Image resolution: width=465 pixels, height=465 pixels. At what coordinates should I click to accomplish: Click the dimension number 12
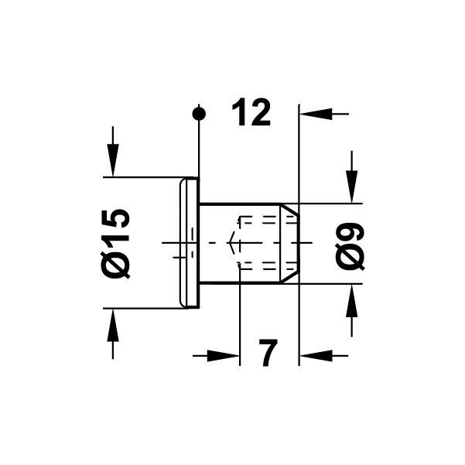(251, 114)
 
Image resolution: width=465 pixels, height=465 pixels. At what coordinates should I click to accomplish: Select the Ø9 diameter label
(350, 245)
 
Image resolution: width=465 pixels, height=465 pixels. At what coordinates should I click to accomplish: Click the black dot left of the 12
(200, 114)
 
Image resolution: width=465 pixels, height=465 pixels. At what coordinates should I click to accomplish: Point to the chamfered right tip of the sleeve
(292, 243)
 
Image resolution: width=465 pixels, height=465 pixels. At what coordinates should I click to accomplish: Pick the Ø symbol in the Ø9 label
(350, 257)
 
